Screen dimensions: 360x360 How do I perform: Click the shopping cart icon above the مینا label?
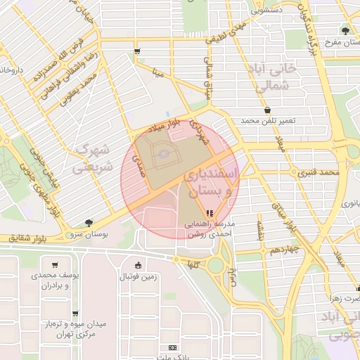coord(136,51)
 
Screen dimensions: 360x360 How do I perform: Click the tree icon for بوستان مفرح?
coord(345,30)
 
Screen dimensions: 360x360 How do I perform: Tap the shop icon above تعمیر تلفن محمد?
coord(267,110)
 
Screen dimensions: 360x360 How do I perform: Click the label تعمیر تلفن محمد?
coord(267,122)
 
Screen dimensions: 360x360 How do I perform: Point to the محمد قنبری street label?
coord(317,172)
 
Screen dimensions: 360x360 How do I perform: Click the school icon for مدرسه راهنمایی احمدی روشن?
coord(209,213)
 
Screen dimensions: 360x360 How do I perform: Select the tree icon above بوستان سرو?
coord(89,222)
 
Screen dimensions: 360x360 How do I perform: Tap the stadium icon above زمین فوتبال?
coord(137,266)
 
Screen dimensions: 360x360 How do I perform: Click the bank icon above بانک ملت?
coord(173,348)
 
